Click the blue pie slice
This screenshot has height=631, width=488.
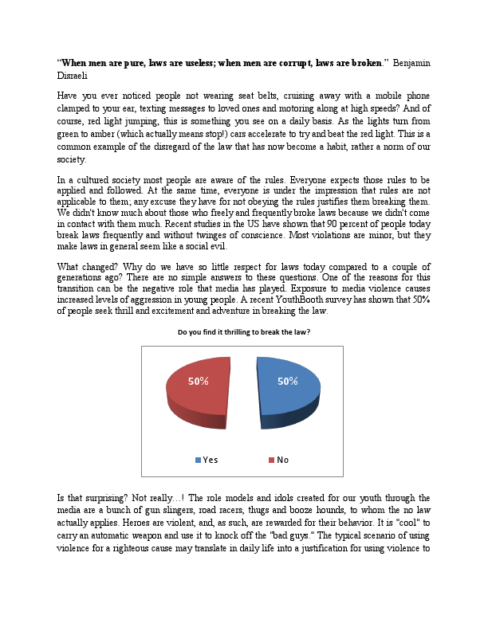tap(289, 394)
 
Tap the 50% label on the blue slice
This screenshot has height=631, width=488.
tap(287, 382)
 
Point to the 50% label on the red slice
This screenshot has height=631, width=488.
tap(199, 382)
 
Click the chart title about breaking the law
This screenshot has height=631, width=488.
tap(243, 331)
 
